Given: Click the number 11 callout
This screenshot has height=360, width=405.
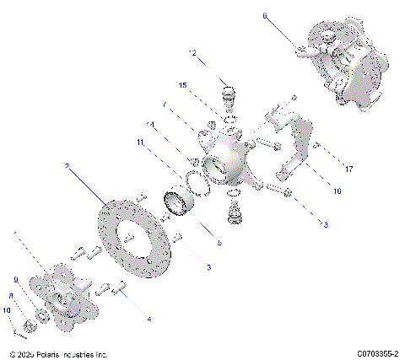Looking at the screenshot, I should (142, 143).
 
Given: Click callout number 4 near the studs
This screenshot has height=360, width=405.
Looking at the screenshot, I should (149, 319).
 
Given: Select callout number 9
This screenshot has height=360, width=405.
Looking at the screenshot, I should (14, 279).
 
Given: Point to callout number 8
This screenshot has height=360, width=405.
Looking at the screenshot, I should (10, 296).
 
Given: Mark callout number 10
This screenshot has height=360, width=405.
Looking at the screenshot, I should (7, 310).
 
